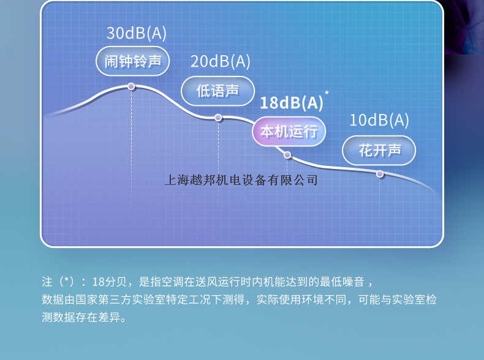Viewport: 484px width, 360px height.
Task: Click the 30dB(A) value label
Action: click(136, 33)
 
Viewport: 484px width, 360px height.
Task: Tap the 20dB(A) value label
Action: click(220, 61)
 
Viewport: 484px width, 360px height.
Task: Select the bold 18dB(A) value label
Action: click(291, 102)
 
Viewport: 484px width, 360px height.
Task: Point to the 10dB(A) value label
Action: click(379, 120)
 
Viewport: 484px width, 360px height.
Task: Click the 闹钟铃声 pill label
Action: click(132, 61)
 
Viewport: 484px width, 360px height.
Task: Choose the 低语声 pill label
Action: click(217, 91)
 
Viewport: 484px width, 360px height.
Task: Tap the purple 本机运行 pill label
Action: click(289, 132)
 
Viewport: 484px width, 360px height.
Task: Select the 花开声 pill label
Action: click(379, 150)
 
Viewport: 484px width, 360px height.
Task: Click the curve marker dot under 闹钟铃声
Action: click(131, 86)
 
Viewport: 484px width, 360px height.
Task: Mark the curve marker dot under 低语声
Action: click(218, 118)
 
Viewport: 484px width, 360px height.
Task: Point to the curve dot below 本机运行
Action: click(287, 155)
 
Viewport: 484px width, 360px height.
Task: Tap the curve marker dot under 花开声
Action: click(380, 174)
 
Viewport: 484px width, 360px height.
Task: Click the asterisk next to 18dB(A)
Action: click(327, 93)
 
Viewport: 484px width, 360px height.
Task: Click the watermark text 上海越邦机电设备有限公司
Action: click(241, 181)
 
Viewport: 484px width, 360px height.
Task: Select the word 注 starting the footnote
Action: click(47, 282)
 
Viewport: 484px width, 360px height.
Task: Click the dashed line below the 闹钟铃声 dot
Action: click(131, 141)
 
